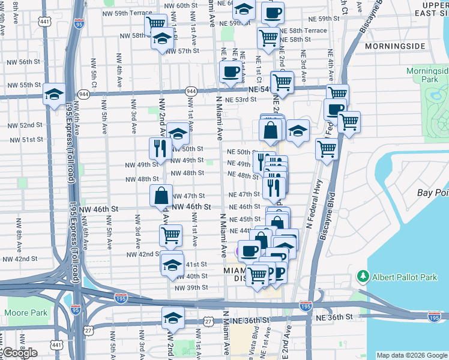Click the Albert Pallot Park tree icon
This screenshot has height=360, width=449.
tap(363, 276)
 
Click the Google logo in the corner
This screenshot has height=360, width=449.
tap(20, 353)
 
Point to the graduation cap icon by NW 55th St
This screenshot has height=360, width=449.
tap(54, 94)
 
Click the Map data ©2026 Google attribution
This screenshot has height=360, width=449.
tap(411, 355)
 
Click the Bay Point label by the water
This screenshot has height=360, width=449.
tap(433, 193)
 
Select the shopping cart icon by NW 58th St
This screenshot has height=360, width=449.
tap(155, 24)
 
